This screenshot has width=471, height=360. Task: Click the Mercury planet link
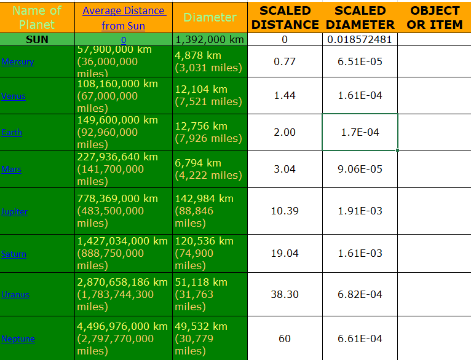(x=17, y=62)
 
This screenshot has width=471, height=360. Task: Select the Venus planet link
(x=14, y=96)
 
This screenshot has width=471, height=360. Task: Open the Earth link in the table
(x=12, y=133)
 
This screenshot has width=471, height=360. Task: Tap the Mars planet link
(x=12, y=170)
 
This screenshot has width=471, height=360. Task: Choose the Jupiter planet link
(x=14, y=212)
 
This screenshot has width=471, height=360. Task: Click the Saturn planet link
(x=14, y=254)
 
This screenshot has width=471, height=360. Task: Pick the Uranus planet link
(x=15, y=295)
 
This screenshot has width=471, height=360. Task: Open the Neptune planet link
(x=18, y=339)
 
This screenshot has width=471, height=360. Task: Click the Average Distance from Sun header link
(x=123, y=18)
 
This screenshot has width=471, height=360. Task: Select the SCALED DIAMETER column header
(x=360, y=18)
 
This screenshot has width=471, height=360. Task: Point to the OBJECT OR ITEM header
(x=435, y=18)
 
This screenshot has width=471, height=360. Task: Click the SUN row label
(x=37, y=40)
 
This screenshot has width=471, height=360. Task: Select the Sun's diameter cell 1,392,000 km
(x=210, y=40)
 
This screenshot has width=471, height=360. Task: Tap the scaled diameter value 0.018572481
(x=360, y=40)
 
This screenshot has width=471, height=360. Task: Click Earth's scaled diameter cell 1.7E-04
(x=360, y=132)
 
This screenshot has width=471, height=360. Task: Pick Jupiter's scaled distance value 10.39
(x=285, y=211)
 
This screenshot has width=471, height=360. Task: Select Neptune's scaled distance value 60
(x=285, y=338)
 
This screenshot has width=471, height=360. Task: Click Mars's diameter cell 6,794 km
(x=209, y=169)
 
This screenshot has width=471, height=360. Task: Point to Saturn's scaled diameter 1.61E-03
(x=360, y=253)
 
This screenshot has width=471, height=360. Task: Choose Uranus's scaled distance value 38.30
(x=285, y=294)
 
